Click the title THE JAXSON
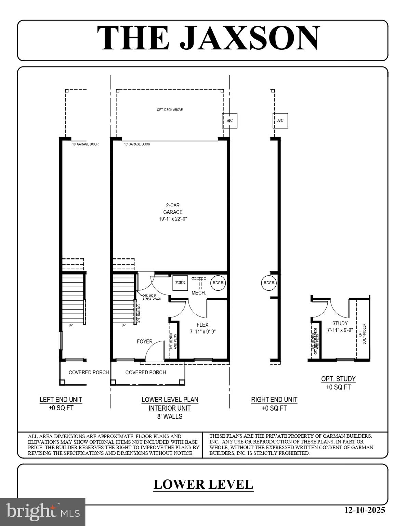tap(209, 38)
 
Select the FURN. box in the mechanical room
tap(181, 283)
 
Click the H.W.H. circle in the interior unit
tap(218, 283)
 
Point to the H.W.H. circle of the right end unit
tap(269, 283)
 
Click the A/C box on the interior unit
tap(230, 121)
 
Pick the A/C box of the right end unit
tap(280, 121)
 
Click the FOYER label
tap(145, 341)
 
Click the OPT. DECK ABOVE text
tap(170, 110)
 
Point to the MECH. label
tap(198, 293)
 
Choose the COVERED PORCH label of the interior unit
tap(145, 372)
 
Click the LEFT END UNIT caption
tap(61, 400)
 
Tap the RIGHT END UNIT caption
tap(274, 400)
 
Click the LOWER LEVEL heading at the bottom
tap(203, 484)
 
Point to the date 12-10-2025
tap(365, 510)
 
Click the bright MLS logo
tap(42, 512)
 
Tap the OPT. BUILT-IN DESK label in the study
tap(362, 334)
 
